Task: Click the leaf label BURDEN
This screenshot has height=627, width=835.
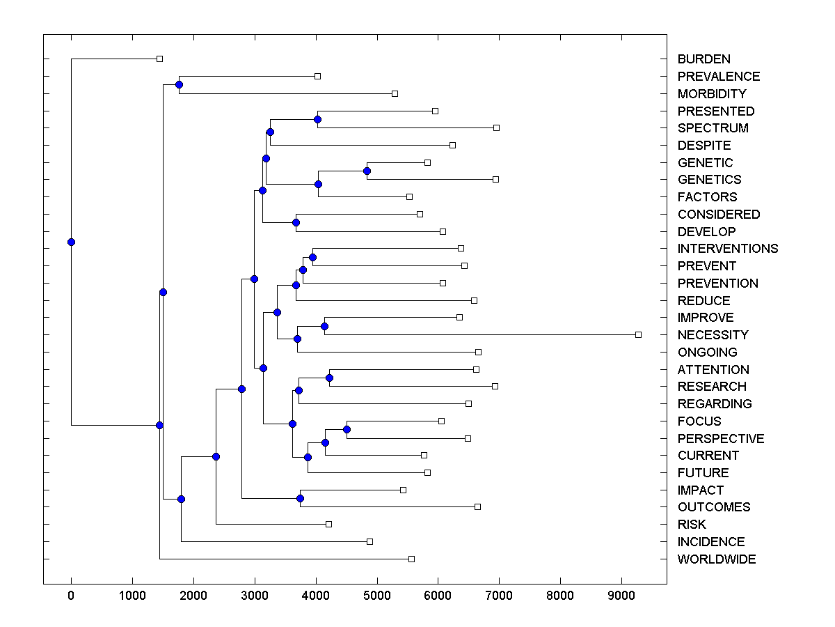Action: [x=703, y=59]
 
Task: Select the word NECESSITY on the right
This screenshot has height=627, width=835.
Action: [x=713, y=335]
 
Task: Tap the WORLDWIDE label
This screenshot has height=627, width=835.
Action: [x=716, y=559]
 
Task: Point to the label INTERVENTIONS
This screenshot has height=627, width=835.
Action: [x=727, y=249]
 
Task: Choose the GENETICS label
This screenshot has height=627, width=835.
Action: [x=709, y=180]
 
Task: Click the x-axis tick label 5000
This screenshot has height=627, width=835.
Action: [x=376, y=596]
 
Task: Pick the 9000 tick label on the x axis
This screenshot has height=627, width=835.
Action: [x=621, y=596]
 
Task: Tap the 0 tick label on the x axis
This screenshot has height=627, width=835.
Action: [x=71, y=596]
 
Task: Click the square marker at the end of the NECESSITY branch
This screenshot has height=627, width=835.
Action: [x=638, y=335]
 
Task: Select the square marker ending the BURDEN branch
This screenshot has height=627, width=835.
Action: [x=159, y=59]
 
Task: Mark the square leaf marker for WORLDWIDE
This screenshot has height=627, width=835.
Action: [x=411, y=559]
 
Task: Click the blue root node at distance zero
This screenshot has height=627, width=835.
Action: [x=71, y=242]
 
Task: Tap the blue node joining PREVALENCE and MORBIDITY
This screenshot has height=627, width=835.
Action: [x=179, y=84]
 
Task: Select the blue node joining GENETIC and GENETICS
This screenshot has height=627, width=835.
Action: [x=367, y=171]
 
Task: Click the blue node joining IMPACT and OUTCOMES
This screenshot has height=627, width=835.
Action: [x=300, y=498]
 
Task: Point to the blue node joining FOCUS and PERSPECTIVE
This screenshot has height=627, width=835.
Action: [x=347, y=429]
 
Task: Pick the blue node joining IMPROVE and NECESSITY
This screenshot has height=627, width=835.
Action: [x=324, y=326]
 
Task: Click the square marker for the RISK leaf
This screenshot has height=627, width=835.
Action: [x=329, y=524]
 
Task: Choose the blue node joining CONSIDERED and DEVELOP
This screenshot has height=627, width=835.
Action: [x=296, y=222]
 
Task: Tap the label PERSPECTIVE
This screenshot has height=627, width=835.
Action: [x=720, y=439]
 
